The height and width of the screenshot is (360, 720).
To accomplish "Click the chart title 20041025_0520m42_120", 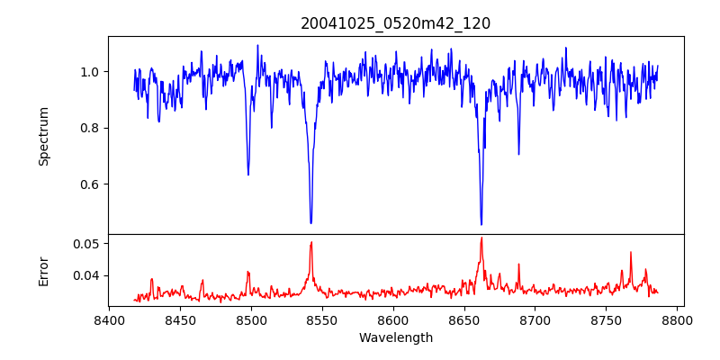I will tap(395, 23).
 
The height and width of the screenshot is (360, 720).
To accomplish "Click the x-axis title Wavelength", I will tap(395, 337).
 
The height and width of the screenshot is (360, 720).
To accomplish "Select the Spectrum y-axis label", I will tap(43, 135).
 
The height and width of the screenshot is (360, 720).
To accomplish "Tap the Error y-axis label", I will tap(43, 270).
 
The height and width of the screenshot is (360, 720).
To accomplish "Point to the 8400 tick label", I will tap(109, 319).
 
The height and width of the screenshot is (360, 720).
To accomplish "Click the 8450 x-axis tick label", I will tap(180, 319).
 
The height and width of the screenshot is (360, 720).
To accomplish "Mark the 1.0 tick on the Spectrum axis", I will tap(90, 72).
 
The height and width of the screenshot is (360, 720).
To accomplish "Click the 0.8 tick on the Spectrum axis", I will tap(90, 128).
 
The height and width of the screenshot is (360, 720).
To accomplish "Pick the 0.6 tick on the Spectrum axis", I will tap(90, 184).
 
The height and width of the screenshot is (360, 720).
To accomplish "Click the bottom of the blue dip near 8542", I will tap(310, 223).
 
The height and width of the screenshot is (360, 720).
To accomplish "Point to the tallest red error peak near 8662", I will tap(481, 238).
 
